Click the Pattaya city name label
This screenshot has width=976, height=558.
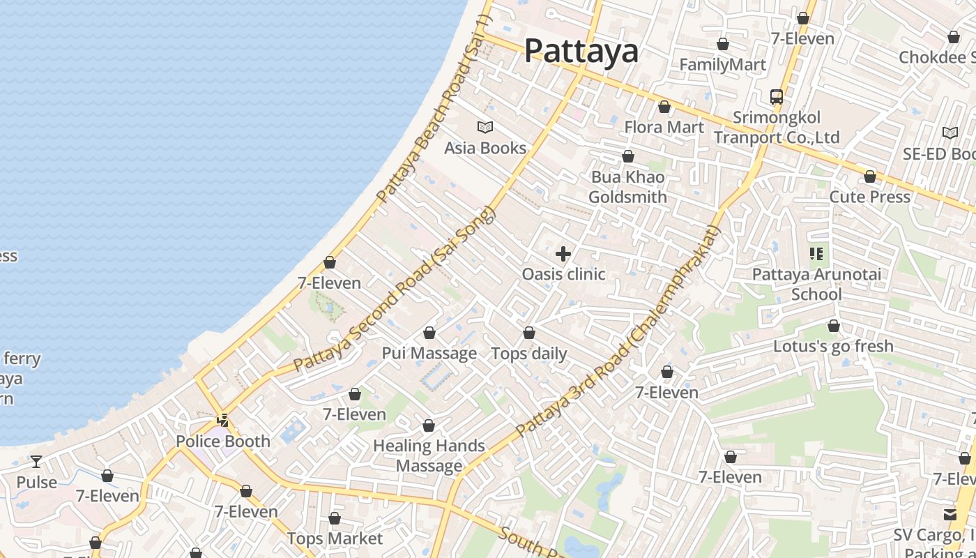pyautogui.click(x=581, y=51)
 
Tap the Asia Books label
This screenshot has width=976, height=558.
pyautogui.click(x=485, y=148)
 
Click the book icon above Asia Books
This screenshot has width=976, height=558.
pyautogui.click(x=485, y=127)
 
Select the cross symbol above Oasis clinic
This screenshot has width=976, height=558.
pyautogui.click(x=563, y=254)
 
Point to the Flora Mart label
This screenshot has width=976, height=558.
pyautogui.click(x=664, y=128)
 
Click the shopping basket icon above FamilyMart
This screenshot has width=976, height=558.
pyautogui.click(x=723, y=45)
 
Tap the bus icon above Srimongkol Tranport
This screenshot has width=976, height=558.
pyautogui.click(x=776, y=96)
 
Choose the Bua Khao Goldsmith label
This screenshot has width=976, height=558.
pyautogui.click(x=627, y=187)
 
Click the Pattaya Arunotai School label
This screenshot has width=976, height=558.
pyautogui.click(x=816, y=284)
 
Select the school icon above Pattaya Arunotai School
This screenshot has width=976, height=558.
pyautogui.click(x=816, y=254)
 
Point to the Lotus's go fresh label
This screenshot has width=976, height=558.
pyautogui.click(x=833, y=346)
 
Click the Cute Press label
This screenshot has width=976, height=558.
pyautogui.click(x=869, y=197)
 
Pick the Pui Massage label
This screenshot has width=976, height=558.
pyautogui.click(x=429, y=353)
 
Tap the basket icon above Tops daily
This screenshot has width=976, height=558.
pyautogui.click(x=529, y=333)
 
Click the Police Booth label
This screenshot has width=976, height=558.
pyautogui.click(x=222, y=441)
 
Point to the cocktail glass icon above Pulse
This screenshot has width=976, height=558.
pyautogui.click(x=36, y=462)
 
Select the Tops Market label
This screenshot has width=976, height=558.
pyautogui.click(x=335, y=538)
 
